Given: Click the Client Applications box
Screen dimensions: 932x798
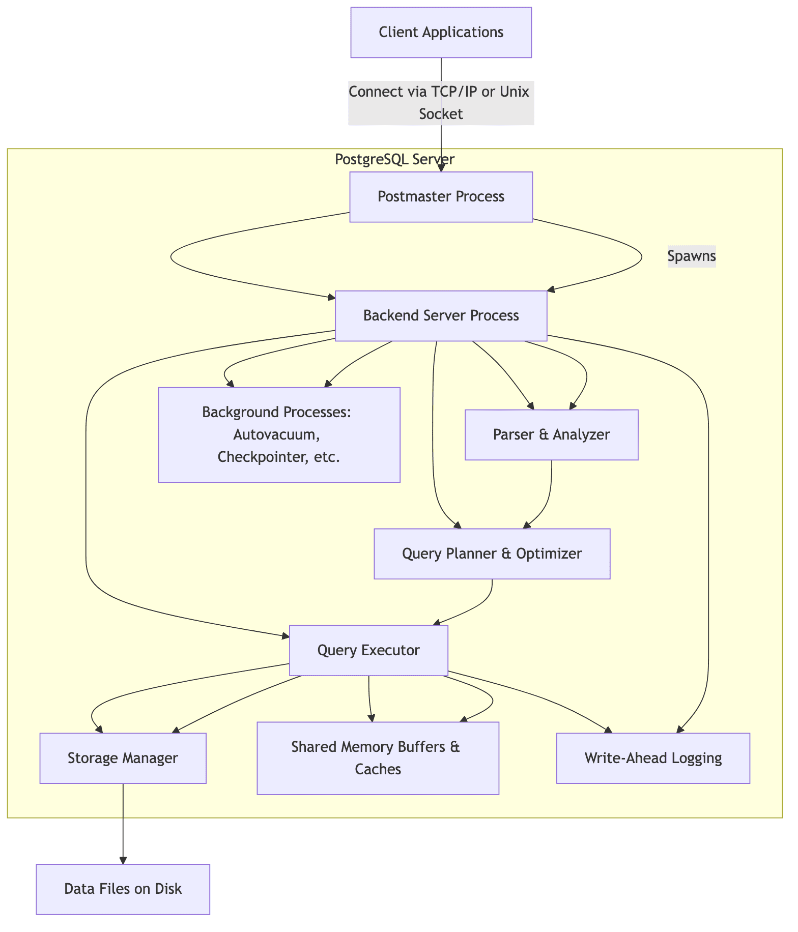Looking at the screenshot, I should (441, 32).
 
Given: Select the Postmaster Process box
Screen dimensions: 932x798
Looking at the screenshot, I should (441, 196).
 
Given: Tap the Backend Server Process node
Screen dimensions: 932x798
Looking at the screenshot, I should (441, 315).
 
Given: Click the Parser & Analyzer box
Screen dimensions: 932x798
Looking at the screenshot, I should (551, 434).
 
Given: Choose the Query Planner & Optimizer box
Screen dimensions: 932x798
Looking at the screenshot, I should (492, 554).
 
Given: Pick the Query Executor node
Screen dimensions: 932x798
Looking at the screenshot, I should (368, 650).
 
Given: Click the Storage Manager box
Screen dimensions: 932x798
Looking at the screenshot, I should (123, 758).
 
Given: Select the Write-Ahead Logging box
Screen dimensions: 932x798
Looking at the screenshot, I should (653, 758).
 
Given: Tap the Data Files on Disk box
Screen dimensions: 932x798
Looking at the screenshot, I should (123, 889).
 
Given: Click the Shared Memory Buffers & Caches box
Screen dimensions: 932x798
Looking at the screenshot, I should (378, 758).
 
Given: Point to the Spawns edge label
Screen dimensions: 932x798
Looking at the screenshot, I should (691, 256).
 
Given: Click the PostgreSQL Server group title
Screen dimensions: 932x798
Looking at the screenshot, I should (394, 159).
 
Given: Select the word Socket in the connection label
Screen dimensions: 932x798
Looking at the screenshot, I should (441, 114).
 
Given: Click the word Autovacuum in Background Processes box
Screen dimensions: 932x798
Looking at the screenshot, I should (276, 435).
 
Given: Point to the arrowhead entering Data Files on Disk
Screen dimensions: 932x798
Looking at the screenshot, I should (123, 860).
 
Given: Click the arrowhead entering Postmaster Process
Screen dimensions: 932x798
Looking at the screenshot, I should (441, 168).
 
